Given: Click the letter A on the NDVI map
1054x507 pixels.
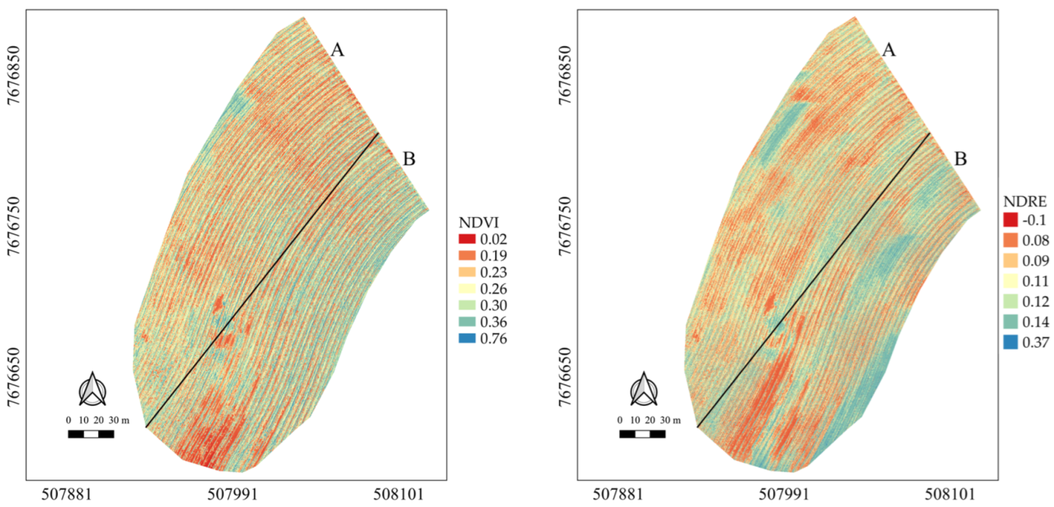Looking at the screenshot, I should (337, 50).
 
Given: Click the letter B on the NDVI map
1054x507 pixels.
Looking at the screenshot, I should (408, 159).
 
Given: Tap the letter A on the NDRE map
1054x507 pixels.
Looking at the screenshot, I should (889, 50).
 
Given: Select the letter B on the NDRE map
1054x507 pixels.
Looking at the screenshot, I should (960, 159).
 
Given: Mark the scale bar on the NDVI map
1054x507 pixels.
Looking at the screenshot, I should (90, 434).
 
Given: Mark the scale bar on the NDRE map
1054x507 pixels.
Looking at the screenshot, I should (642, 434).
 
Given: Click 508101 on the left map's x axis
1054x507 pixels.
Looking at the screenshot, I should (400, 494).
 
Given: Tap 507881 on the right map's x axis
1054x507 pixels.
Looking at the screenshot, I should (617, 494).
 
